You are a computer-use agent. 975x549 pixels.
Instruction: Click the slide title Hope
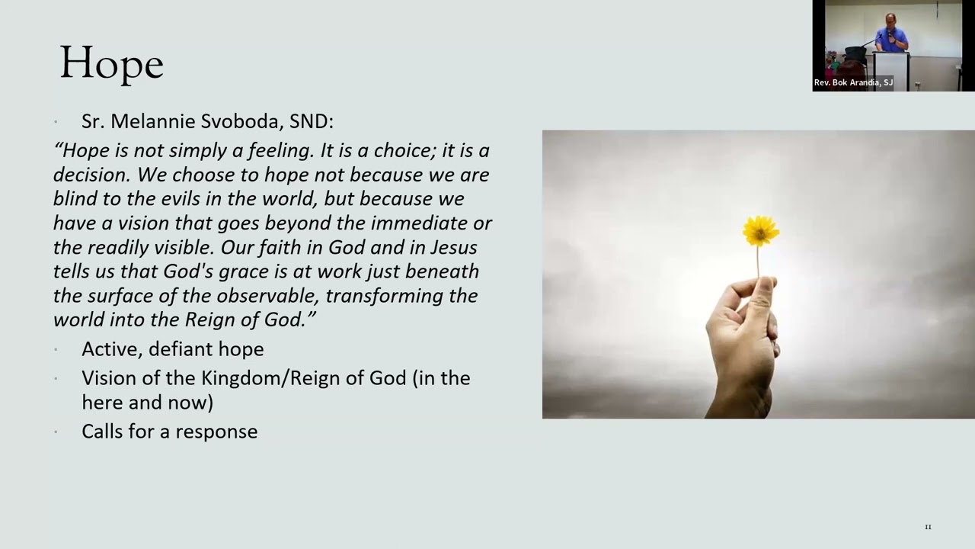111,63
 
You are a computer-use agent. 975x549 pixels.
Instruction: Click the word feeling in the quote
281,151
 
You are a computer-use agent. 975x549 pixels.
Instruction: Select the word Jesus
454,248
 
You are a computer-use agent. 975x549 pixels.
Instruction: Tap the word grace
243,272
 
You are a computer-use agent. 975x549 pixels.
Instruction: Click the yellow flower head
760,230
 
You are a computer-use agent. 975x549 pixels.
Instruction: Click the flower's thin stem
758,262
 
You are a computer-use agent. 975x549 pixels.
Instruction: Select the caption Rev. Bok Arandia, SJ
853,82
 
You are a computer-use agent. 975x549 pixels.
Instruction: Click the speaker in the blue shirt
891,34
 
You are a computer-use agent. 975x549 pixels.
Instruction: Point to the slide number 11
928,527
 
